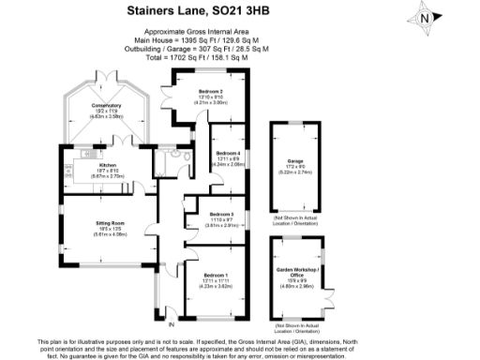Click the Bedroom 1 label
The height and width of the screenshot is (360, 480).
(216, 276)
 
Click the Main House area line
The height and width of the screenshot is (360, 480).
(201, 40)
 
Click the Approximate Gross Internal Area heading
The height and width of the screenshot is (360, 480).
(201, 31)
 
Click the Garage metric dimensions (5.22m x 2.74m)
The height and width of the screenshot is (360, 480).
(295, 172)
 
